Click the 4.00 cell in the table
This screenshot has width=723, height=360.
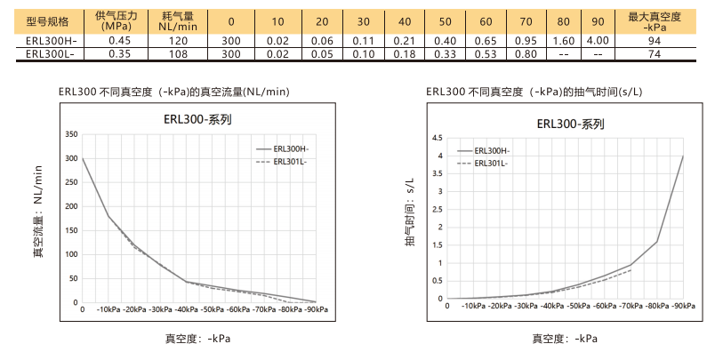(x=598, y=41)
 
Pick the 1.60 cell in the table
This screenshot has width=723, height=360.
(x=563, y=41)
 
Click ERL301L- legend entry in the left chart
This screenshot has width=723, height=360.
(x=290, y=163)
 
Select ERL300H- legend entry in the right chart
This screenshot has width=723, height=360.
(x=491, y=151)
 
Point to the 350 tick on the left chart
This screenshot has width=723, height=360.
(x=73, y=134)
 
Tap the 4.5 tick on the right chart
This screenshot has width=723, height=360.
(x=437, y=139)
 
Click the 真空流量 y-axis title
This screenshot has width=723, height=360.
(x=37, y=212)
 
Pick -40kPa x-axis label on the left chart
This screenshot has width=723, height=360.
(x=187, y=308)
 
